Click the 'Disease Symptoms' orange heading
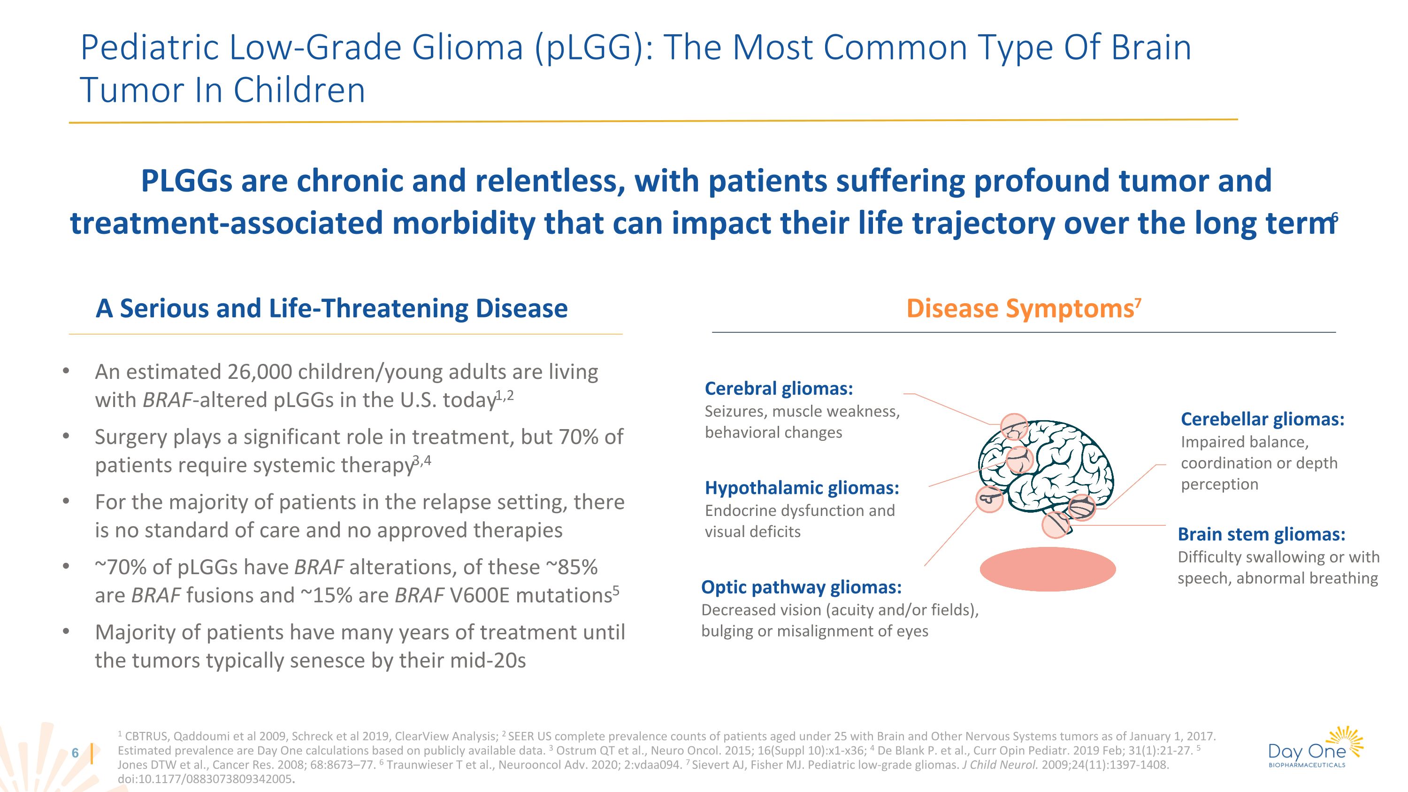(1019, 309)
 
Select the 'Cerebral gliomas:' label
(778, 389)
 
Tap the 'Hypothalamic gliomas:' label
(801, 488)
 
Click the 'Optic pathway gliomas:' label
(801, 587)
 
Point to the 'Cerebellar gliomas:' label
(1262, 419)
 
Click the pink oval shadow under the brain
(1047, 569)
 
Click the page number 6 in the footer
(76, 753)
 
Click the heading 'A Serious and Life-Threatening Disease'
(331, 309)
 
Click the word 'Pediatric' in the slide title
(149, 47)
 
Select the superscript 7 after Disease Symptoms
(1138, 302)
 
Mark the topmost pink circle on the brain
(1014, 427)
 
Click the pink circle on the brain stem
(1056, 525)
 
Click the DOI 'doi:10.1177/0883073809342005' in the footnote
(205, 779)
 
